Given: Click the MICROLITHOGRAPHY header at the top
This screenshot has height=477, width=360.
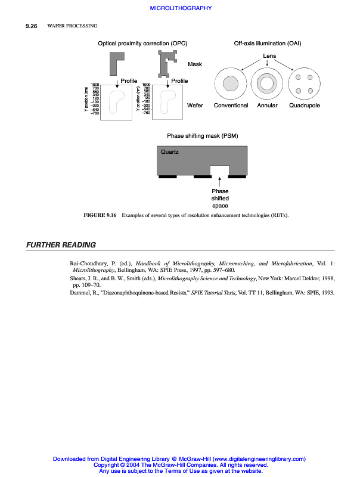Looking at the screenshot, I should coord(180,8).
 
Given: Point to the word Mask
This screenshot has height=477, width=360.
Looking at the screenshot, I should coord(195,64).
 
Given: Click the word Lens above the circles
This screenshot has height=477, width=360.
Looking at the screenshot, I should coord(269,55).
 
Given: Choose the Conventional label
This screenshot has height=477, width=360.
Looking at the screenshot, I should coord(231,106).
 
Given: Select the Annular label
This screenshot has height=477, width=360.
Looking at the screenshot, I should coord(267,106).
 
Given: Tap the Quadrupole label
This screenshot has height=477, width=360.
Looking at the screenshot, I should coord(304,106).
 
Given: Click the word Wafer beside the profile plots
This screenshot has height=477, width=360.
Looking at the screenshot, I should coord(195,106).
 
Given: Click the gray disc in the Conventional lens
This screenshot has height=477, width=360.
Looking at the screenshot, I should coord(230,83).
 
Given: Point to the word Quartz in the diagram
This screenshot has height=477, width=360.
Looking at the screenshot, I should coord(169,152).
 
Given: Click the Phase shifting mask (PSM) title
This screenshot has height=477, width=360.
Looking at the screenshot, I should coord(202,136).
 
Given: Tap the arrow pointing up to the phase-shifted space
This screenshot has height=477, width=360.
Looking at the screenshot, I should coord(220,183).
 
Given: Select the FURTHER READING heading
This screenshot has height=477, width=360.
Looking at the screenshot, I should coord(61,245).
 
